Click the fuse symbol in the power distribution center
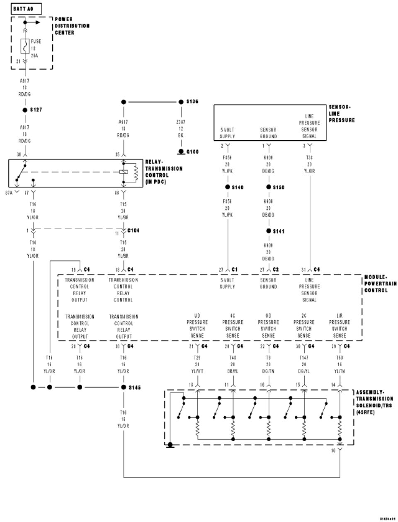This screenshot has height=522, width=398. click(x=24, y=46)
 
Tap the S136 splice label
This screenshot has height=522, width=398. click(x=192, y=102)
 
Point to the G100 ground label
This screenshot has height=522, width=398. click(x=192, y=152)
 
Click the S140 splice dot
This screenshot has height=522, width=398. click(x=228, y=187)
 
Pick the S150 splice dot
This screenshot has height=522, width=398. click(x=268, y=187)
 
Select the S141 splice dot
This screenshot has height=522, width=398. click(x=268, y=231)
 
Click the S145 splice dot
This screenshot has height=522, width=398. click(x=123, y=387)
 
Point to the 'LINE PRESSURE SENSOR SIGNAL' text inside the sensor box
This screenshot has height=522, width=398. click(x=309, y=126)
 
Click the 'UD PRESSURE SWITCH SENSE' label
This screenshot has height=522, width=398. click(x=197, y=326)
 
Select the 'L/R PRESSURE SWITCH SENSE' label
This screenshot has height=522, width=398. click(x=339, y=326)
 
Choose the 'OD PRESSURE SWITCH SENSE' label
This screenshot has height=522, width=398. click(x=268, y=326)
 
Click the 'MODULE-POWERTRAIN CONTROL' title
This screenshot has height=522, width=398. click(x=380, y=284)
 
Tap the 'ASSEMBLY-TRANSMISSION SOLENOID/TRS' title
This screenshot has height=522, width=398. click(x=374, y=402)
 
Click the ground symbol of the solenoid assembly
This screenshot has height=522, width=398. click(x=170, y=446)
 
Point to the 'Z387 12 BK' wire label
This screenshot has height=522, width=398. click(x=180, y=129)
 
